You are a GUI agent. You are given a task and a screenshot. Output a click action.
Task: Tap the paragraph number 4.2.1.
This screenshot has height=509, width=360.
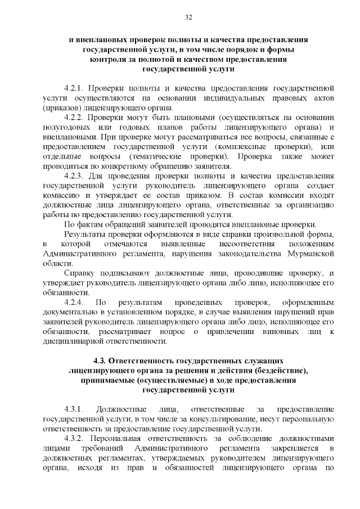74,88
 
